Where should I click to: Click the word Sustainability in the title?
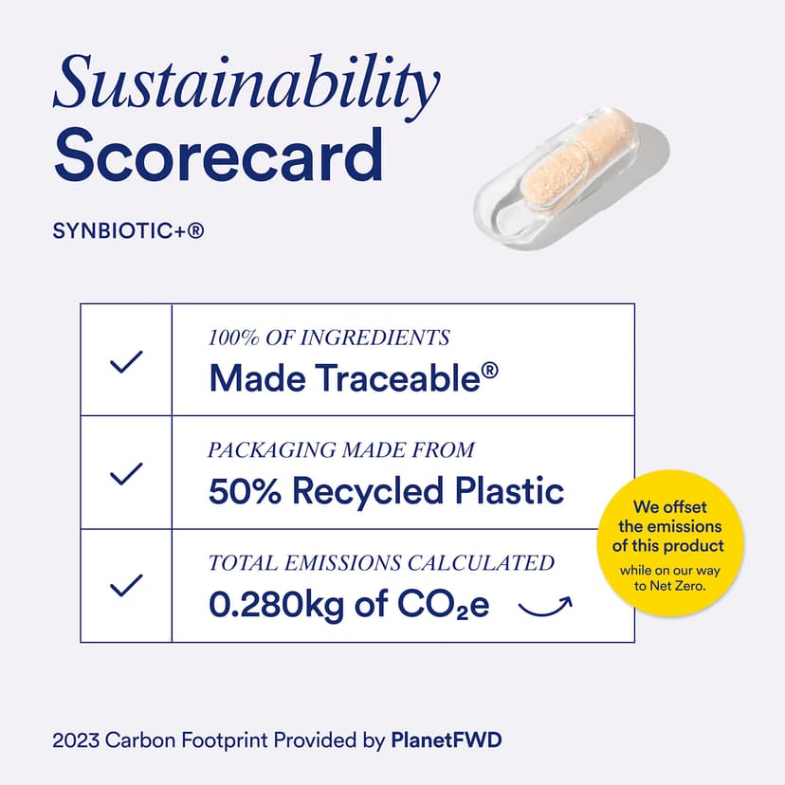pyautogui.click(x=246, y=86)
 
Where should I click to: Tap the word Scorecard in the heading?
pyautogui.click(x=219, y=155)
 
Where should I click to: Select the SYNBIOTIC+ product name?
pyautogui.click(x=128, y=230)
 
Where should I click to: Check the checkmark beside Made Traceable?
pyautogui.click(x=126, y=361)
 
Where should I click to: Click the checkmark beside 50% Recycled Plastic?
pyautogui.click(x=126, y=474)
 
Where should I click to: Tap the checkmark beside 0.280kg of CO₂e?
pyautogui.click(x=126, y=585)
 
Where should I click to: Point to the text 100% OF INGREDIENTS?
pyautogui.click(x=329, y=338)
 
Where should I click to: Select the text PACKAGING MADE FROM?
pyautogui.click(x=341, y=449)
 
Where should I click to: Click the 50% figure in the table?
pyautogui.click(x=245, y=491)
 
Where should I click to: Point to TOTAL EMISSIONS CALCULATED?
pyautogui.click(x=381, y=563)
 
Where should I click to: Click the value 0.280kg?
pyautogui.click(x=276, y=604)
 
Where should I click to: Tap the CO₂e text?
pyautogui.click(x=443, y=605)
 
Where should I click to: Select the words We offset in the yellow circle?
pyautogui.click(x=670, y=506)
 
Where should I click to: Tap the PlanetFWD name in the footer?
pyautogui.click(x=447, y=739)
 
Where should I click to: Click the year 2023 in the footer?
pyautogui.click(x=76, y=740)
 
